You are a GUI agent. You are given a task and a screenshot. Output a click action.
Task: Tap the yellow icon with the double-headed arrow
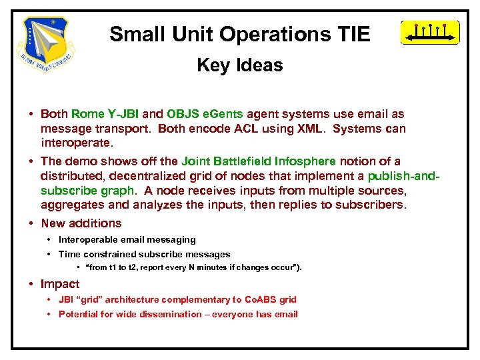point(429,33)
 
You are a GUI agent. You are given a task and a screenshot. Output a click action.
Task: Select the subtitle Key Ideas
point(239,65)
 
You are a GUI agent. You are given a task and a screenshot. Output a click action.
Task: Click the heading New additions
point(81,223)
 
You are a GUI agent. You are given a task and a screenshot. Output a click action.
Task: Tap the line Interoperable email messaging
point(127,239)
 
